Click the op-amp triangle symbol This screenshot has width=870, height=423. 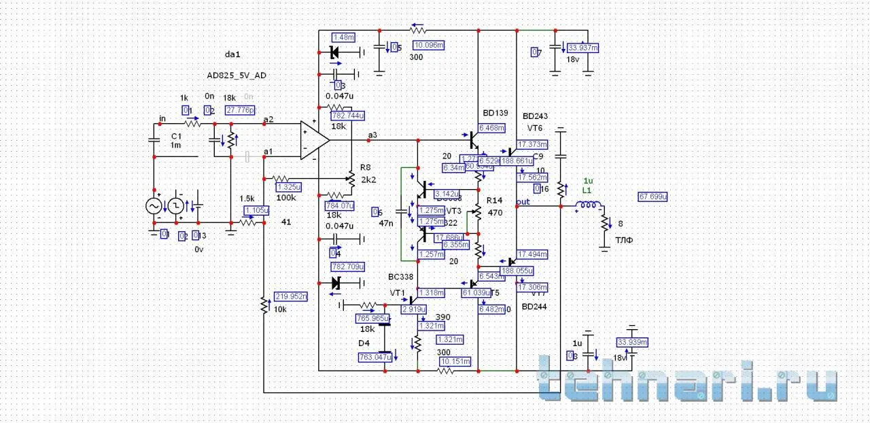314,141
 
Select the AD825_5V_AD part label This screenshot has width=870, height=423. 237,75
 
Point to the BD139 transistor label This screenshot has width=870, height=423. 495,112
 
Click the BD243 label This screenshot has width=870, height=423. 536,116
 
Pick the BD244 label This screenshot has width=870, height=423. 535,307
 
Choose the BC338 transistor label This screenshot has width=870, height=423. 400,277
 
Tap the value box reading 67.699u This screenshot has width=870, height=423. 652,197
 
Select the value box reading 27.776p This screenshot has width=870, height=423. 240,110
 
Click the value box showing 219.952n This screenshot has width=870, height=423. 291,296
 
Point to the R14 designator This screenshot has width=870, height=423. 494,201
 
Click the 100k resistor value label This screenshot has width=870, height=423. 286,198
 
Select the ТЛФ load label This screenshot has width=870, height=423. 624,240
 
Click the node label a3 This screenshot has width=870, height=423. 372,135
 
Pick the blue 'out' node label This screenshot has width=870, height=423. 523,202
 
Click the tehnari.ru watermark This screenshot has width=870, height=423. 686,384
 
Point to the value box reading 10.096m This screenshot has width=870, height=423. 429,45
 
